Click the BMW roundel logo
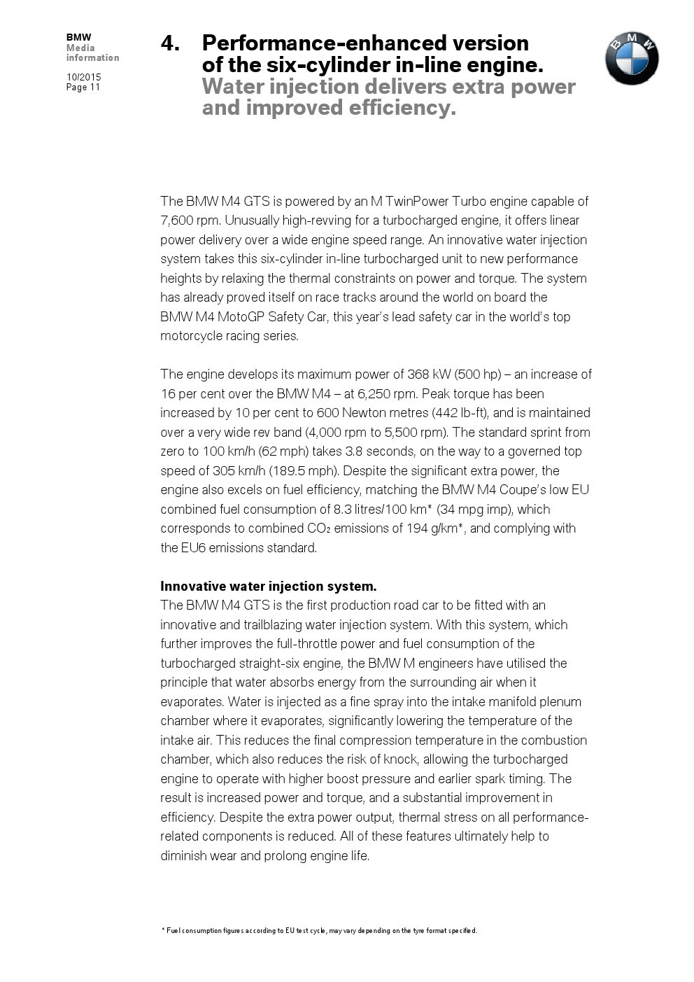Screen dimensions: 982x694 [632, 58]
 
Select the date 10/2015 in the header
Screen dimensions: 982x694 [84, 77]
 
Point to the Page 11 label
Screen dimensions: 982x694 [83, 87]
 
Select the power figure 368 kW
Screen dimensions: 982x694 [426, 374]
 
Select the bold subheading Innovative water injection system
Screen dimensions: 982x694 [269, 587]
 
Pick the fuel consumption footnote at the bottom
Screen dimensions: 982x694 [319, 931]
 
